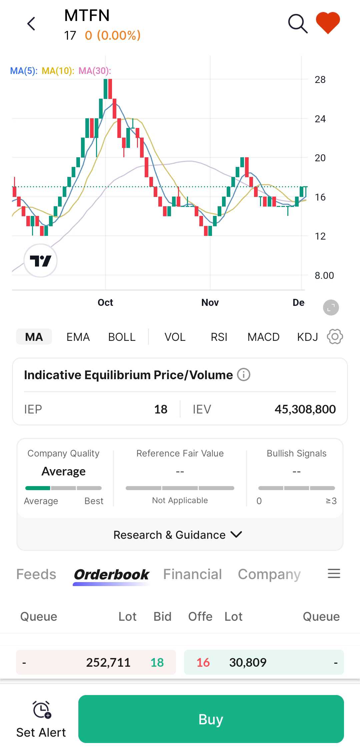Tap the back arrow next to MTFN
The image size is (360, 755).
(31, 24)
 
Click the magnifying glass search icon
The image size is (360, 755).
(297, 24)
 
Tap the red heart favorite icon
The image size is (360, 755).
(328, 23)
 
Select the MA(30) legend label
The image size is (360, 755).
(95, 71)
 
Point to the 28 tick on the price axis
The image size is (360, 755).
(320, 80)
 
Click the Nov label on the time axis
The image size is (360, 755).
(210, 303)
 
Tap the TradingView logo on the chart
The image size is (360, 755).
(41, 261)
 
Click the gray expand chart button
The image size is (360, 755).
(331, 308)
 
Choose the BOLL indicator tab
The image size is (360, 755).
(122, 337)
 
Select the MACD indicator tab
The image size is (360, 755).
(263, 337)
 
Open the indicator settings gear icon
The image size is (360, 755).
(335, 337)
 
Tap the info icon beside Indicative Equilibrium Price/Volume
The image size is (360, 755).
(244, 375)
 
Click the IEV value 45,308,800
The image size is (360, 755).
(305, 409)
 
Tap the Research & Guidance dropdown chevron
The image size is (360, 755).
(236, 534)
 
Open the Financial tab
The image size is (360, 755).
(192, 574)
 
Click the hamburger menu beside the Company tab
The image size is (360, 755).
(334, 573)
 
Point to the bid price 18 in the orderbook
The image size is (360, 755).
(157, 662)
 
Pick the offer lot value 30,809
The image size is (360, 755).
(248, 662)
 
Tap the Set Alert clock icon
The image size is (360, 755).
(41, 710)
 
